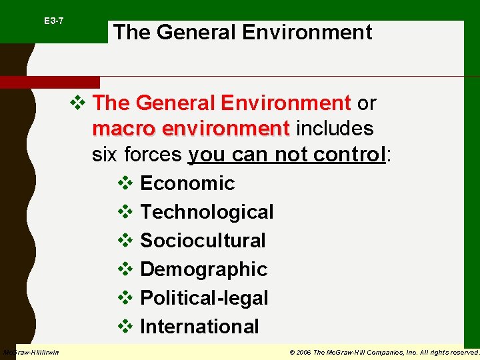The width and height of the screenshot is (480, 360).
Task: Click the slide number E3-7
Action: tap(54, 21)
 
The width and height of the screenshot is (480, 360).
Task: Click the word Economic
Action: tap(187, 183)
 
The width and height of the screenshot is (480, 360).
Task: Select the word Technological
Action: tap(207, 212)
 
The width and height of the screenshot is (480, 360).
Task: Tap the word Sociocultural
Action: tap(203, 241)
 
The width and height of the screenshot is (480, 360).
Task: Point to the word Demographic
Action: tap(203, 269)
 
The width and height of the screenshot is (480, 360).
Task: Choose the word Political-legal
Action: tap(204, 298)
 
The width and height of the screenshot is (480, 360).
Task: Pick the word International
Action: tap(199, 327)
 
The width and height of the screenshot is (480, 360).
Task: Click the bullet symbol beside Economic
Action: tap(125, 183)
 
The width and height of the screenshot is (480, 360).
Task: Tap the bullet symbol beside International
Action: tap(125, 327)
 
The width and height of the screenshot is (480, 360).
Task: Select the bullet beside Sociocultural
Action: tap(125, 241)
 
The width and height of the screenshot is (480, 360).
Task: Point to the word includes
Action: tap(335, 128)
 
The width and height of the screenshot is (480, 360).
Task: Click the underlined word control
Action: tap(352, 155)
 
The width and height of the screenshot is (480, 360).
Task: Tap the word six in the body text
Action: tap(103, 155)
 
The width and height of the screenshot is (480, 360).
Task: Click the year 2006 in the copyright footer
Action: tap(303, 352)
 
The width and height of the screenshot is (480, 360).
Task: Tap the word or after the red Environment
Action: tap(367, 103)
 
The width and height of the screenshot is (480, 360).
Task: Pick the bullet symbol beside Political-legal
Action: tap(125, 298)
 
